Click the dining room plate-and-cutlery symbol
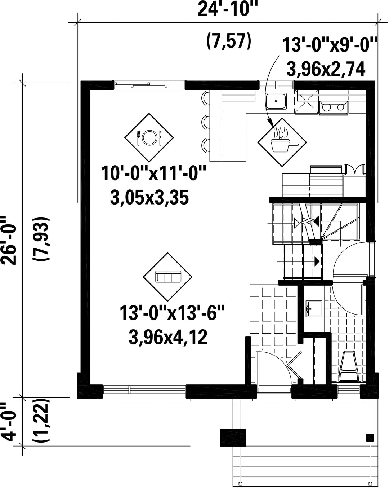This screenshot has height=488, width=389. pos(149,137)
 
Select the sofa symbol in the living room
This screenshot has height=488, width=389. pos(167,277)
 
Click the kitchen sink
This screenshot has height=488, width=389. pos(276,101)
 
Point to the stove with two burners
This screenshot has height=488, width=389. pos(333,107)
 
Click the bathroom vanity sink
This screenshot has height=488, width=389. pos(314,309)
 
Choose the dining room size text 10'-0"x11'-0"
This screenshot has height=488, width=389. pos(153,173)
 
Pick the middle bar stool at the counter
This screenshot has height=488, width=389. pos(206,122)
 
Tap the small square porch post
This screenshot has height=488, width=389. pos(370,438)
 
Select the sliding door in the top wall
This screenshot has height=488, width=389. pos(149,85)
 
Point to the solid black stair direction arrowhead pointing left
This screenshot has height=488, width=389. pos(316,220)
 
